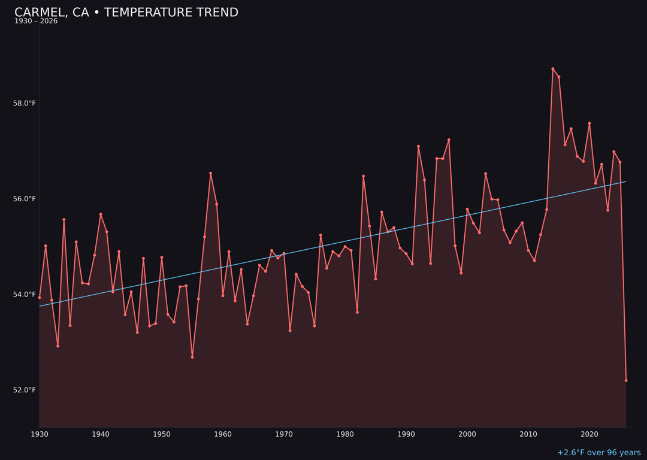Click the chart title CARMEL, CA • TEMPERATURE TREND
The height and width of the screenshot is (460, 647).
pos(126,13)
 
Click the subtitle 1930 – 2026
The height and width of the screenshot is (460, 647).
pos(36,22)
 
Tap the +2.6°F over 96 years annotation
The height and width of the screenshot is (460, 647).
pos(598,453)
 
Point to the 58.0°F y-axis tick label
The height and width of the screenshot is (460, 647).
pos(25,104)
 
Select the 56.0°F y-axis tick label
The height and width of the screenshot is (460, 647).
pos(25,199)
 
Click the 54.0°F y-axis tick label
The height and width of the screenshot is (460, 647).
pos(25,295)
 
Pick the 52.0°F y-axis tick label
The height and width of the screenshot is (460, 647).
pos(25,391)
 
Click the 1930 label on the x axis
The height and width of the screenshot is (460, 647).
pos(40,434)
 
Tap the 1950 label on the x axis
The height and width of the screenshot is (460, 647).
pos(162,434)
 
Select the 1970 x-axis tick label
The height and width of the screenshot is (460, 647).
pos(284,434)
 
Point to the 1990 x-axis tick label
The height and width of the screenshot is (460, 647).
pos(406,434)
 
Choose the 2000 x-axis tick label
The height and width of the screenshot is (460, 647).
pos(467,434)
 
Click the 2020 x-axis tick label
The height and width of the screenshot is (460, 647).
pos(589,434)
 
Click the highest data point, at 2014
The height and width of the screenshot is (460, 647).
pos(552,69)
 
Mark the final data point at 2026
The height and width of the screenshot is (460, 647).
pos(626,380)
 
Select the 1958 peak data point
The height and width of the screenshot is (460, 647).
pos(210,173)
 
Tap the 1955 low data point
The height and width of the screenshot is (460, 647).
pos(192,357)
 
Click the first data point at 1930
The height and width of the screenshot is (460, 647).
pos(40,297)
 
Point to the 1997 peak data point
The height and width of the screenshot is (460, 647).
pos(449,140)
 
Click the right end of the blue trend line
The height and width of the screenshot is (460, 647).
pos(626,181)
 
